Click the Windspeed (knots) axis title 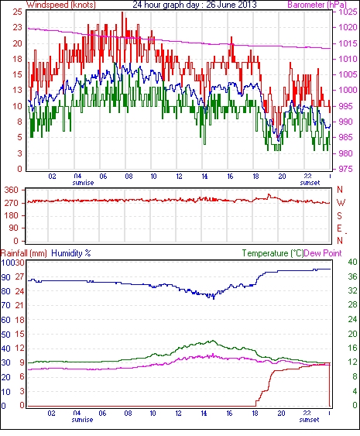[x=60, y=5]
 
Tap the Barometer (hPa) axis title [x=317, y=5]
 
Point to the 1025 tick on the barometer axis [x=348, y=12]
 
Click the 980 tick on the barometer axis [x=345, y=153]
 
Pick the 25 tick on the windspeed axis [x=18, y=12]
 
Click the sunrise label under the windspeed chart [x=83, y=183]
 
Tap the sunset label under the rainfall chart [x=309, y=419]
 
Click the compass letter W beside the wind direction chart [x=341, y=203]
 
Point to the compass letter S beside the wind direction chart [x=339, y=215]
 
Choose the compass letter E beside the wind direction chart [x=339, y=228]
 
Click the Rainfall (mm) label [x=24, y=253]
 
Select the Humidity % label [x=71, y=253]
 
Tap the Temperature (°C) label [x=273, y=253]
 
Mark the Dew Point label [x=323, y=253]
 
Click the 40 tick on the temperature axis [x=353, y=262]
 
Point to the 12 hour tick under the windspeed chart [x=179, y=177]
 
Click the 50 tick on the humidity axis [x=6, y=335]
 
